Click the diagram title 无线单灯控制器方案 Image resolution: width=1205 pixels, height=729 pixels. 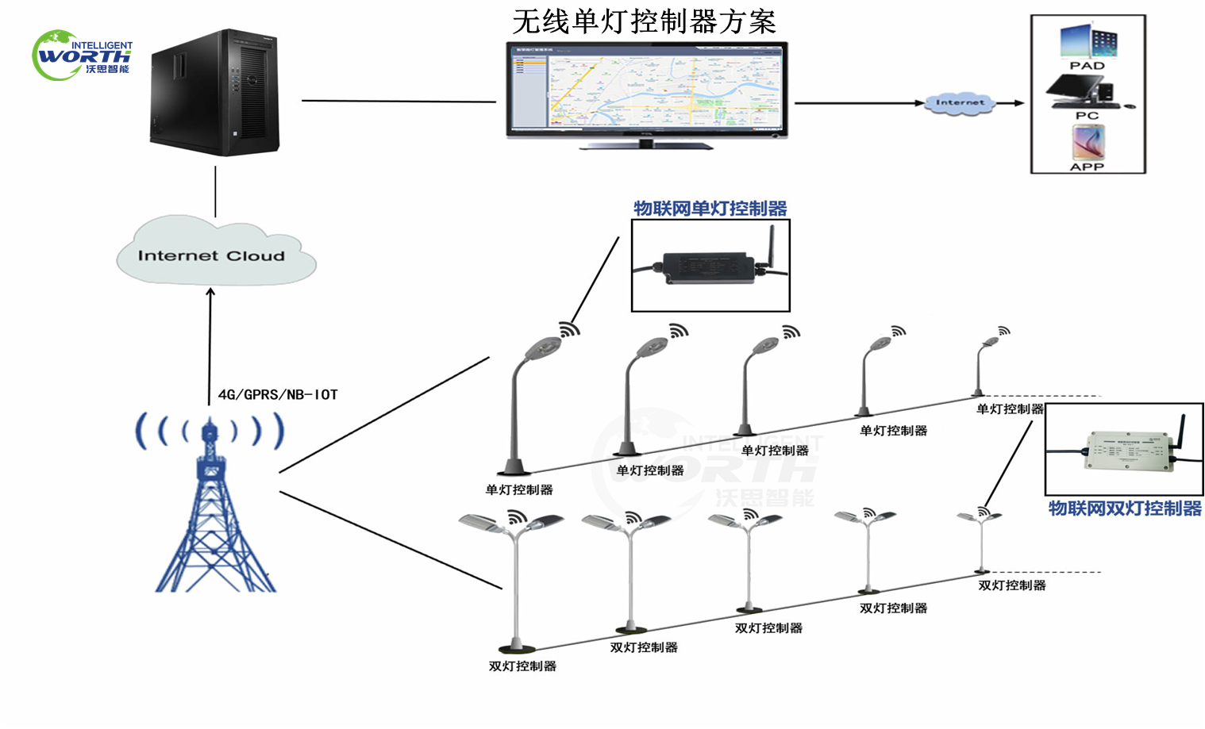pyautogui.click(x=644, y=21)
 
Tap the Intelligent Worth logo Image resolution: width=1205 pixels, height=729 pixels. pyautogui.click(x=83, y=56)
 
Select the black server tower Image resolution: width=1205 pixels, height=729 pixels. pyautogui.click(x=215, y=92)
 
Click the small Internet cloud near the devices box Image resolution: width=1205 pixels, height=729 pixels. pyautogui.click(x=959, y=103)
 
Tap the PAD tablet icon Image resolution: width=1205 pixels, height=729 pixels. pyautogui.click(x=1088, y=42)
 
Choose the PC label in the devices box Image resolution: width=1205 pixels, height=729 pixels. pyautogui.click(x=1087, y=116)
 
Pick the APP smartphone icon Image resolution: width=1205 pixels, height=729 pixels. pyautogui.click(x=1088, y=143)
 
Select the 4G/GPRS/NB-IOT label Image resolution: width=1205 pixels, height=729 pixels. pyautogui.click(x=278, y=394)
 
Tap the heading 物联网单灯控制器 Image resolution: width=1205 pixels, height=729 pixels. pyautogui.click(x=710, y=209)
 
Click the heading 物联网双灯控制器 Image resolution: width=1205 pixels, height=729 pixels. pyautogui.click(x=1125, y=508)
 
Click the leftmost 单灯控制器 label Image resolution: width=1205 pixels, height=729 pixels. pyautogui.click(x=519, y=490)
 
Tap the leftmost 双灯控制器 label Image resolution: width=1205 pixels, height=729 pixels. pyautogui.click(x=522, y=666)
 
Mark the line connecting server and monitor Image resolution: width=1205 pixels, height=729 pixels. pyautogui.click(x=398, y=102)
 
